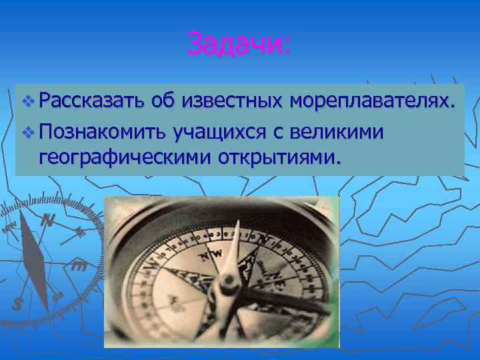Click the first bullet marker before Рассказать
(x=27, y=102)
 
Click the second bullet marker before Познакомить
(x=27, y=133)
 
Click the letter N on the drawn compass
(x=47, y=219)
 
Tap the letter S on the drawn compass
(x=18, y=304)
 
